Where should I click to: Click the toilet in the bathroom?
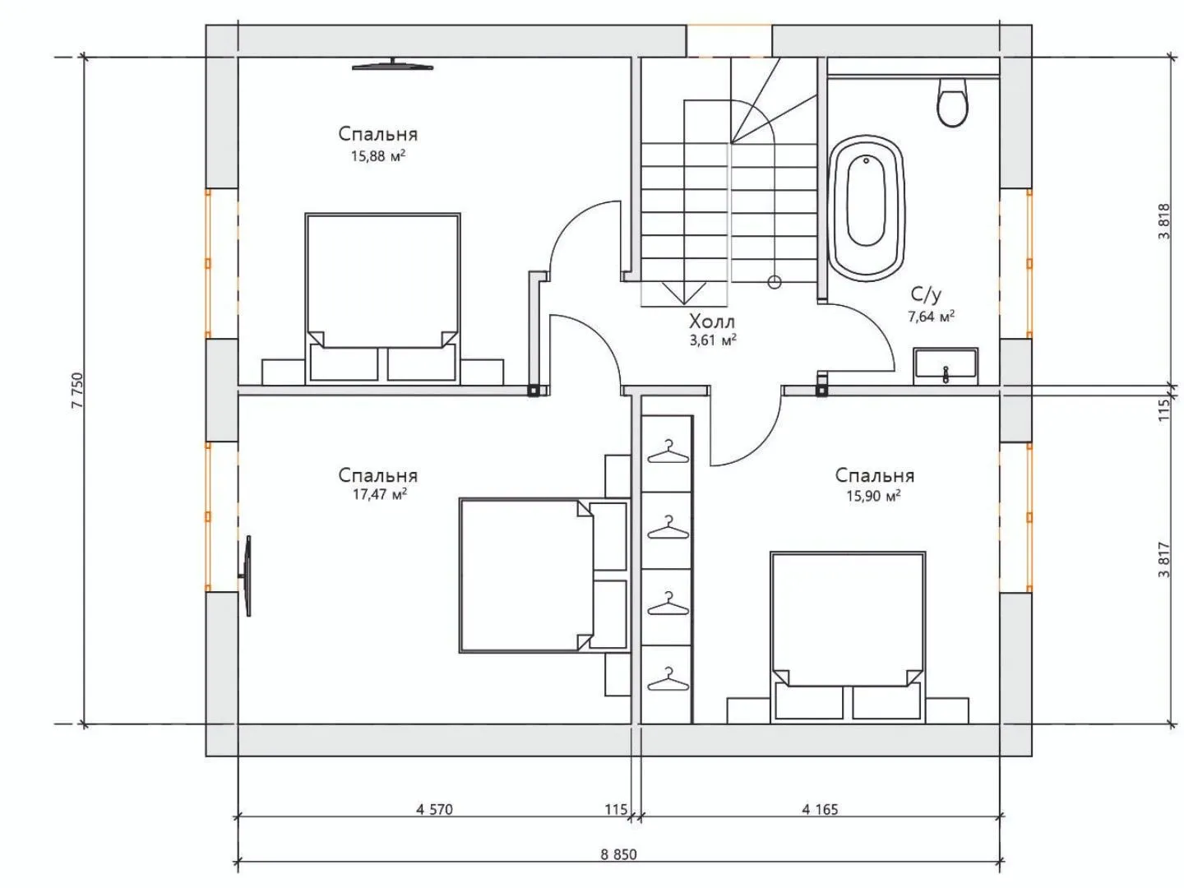click(x=953, y=102)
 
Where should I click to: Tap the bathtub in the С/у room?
click(x=867, y=208)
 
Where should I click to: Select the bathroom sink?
click(x=946, y=366)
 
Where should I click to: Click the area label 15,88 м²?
click(x=378, y=156)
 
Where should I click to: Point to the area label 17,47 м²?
click(x=380, y=494)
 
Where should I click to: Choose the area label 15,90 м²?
click(x=873, y=496)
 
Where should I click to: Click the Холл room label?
click(x=711, y=321)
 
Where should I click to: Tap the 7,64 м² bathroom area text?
click(x=931, y=317)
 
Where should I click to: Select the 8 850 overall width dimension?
click(x=618, y=854)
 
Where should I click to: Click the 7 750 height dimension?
click(x=77, y=390)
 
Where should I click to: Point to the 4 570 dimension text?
click(x=434, y=809)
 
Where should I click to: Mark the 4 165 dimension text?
click(x=820, y=809)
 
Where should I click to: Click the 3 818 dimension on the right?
click(x=1164, y=221)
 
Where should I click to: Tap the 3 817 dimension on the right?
click(x=1164, y=560)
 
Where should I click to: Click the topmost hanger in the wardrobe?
click(x=668, y=451)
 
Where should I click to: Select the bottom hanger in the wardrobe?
click(x=668, y=678)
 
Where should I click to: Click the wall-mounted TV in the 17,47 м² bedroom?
click(x=247, y=576)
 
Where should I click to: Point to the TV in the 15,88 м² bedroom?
click(x=392, y=65)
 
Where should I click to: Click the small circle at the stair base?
click(x=775, y=282)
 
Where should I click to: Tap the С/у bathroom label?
click(x=926, y=294)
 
